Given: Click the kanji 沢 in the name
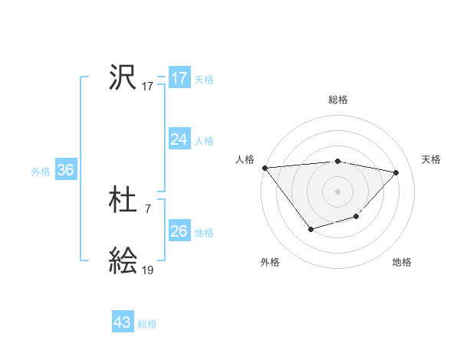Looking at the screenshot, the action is click(x=123, y=77).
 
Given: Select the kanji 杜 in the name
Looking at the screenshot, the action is click(x=123, y=201).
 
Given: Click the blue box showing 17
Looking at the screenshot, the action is click(x=179, y=78).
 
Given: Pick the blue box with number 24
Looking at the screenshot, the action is click(x=179, y=139).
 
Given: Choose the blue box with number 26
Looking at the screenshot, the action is click(x=179, y=231).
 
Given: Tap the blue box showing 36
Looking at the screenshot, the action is click(x=65, y=170).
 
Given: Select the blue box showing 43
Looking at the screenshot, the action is click(x=123, y=322).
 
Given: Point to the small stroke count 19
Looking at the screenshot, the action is click(x=147, y=270).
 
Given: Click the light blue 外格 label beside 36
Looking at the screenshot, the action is click(x=41, y=172).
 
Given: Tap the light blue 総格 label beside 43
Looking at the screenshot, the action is click(x=147, y=324).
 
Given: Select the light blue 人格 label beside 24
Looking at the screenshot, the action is click(x=204, y=141).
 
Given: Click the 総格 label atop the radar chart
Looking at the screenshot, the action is click(x=337, y=100).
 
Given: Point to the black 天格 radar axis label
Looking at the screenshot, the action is click(x=431, y=159).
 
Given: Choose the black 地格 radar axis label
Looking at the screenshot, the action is click(x=402, y=262).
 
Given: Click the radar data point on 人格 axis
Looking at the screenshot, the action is click(x=264, y=168).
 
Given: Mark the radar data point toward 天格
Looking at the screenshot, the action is click(x=396, y=172).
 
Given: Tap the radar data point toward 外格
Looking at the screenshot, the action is click(x=310, y=228).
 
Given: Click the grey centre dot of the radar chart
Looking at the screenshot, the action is click(x=337, y=191).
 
